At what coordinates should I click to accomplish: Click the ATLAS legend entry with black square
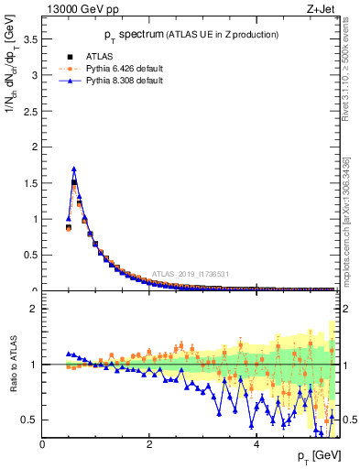click(x=99, y=57)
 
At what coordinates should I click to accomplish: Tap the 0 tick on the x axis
click(x=42, y=444)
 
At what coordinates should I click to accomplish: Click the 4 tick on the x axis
click(x=256, y=444)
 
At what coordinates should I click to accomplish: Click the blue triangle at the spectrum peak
click(x=74, y=169)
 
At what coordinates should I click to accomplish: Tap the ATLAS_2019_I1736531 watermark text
click(x=189, y=275)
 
